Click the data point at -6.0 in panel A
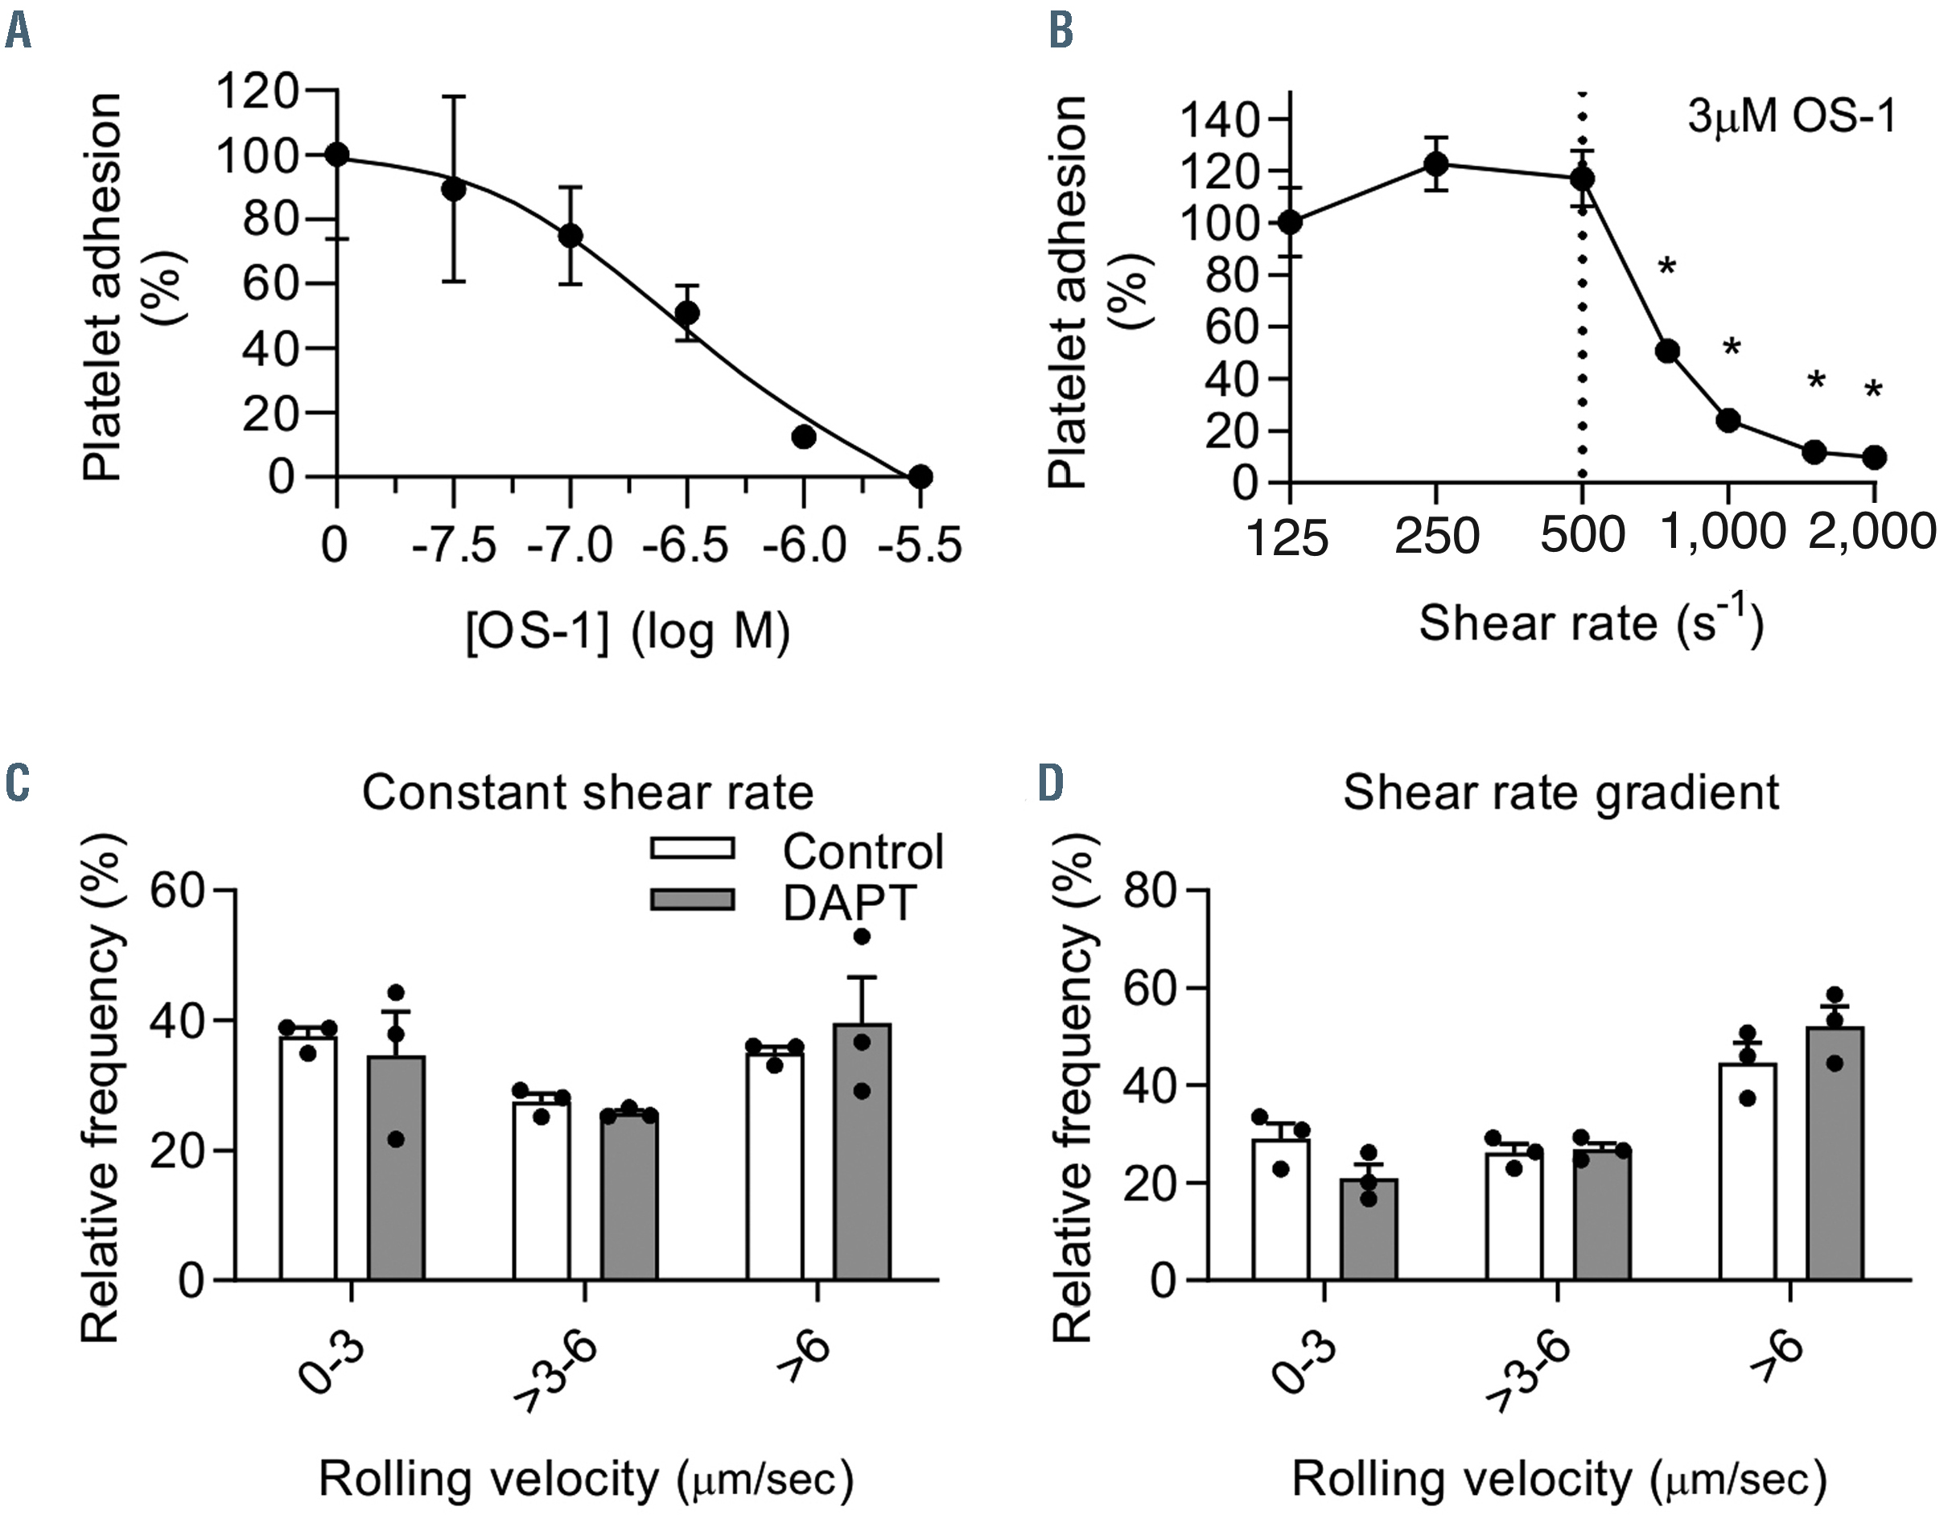pyautogui.click(x=804, y=437)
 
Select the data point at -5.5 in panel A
pyautogui.click(x=920, y=477)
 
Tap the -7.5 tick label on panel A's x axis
pyautogui.click(x=454, y=545)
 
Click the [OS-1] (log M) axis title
pyautogui.click(x=628, y=632)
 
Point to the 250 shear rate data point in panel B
pyautogui.click(x=1435, y=164)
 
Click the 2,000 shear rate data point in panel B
pyautogui.click(x=1874, y=458)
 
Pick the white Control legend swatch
pyautogui.click(x=693, y=847)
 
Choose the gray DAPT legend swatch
pyautogui.click(x=693, y=900)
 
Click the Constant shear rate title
pyautogui.click(x=587, y=792)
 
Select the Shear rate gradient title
pyautogui.click(x=1560, y=792)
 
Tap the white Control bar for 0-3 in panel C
pyautogui.click(x=308, y=1162)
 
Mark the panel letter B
pyautogui.click(x=1061, y=31)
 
